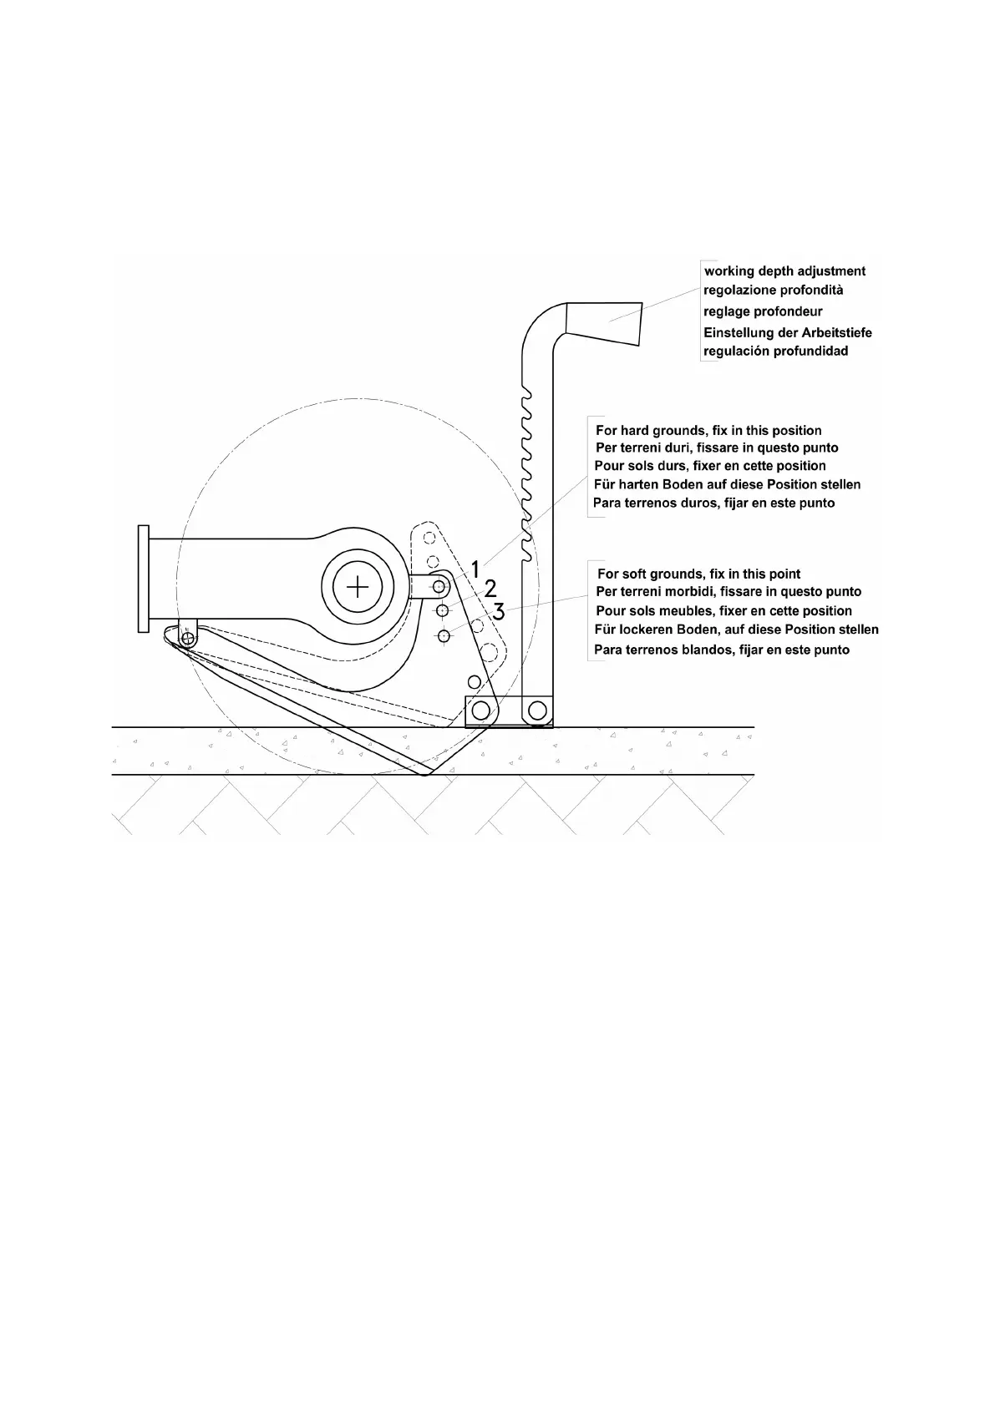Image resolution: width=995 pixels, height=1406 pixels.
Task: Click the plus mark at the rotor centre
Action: (358, 587)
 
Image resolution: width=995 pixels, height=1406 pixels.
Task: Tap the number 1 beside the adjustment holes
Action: (475, 570)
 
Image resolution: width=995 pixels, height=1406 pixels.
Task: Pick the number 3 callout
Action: (498, 612)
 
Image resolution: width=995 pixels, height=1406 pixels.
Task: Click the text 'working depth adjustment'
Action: (785, 271)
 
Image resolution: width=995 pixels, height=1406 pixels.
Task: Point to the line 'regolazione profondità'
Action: (773, 291)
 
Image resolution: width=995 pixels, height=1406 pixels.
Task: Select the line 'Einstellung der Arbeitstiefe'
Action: (788, 332)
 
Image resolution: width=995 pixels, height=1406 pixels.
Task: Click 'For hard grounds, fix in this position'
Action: (708, 431)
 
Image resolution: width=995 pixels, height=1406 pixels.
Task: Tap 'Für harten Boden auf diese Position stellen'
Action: (727, 484)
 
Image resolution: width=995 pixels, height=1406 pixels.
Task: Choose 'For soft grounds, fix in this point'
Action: (698, 574)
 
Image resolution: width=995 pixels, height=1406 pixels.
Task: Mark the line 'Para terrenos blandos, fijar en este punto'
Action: (722, 650)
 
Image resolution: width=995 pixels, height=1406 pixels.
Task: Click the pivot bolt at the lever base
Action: (536, 711)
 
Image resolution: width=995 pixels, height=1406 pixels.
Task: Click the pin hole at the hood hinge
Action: (188, 639)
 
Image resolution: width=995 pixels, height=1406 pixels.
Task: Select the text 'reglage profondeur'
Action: (763, 311)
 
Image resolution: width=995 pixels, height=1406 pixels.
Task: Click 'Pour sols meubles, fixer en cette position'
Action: (723, 611)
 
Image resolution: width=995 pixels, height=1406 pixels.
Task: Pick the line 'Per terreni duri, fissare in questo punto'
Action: (717, 448)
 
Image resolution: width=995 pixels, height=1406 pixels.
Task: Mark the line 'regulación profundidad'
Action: (776, 351)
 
